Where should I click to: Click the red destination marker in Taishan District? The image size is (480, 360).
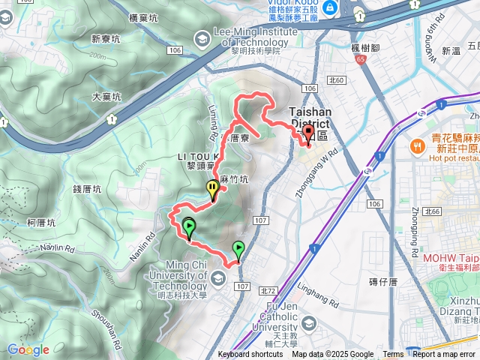(x=307, y=134)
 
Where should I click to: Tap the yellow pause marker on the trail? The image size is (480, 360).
(x=213, y=189)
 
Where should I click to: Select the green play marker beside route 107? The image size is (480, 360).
(x=238, y=247)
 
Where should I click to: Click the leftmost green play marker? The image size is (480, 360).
(x=189, y=225)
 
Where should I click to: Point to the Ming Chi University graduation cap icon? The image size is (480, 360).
(x=217, y=279)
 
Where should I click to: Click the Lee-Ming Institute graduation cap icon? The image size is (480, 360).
(x=202, y=37)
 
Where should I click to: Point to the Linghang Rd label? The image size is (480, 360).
(x=323, y=291)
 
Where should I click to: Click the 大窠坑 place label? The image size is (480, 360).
(x=106, y=96)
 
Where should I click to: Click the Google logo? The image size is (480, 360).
(x=28, y=349)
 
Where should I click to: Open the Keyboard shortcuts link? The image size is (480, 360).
(x=250, y=355)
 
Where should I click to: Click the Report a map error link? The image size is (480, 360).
(x=445, y=355)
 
